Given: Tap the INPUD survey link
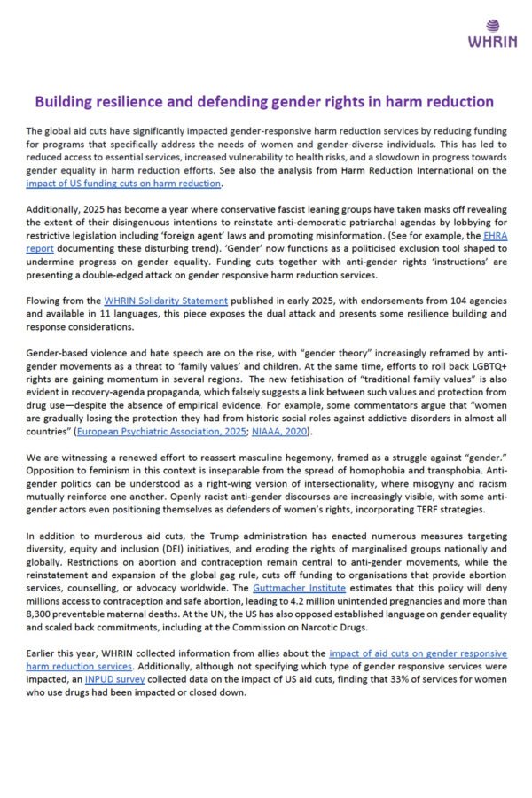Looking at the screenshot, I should coord(117,678).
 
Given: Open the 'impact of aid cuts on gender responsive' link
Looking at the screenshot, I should coord(411,653).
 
